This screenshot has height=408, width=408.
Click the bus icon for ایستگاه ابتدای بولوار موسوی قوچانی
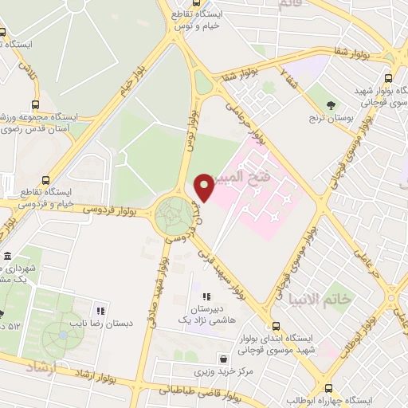(276, 328)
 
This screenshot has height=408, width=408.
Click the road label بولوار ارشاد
(96, 372)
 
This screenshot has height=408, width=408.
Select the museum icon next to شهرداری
(7, 257)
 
